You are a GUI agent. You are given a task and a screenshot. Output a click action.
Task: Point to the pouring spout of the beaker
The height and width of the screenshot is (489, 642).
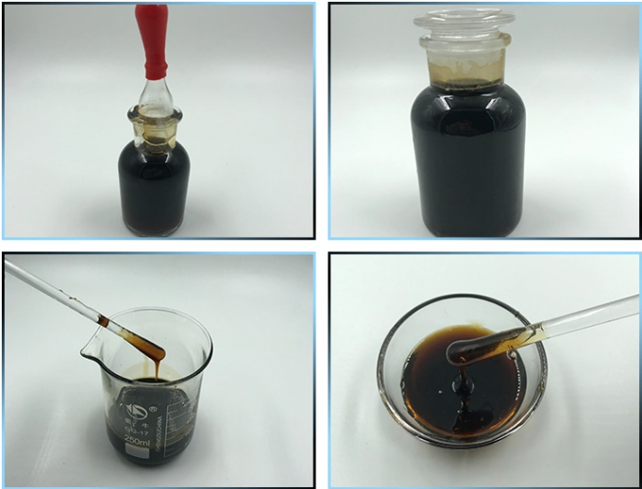coord(100,323)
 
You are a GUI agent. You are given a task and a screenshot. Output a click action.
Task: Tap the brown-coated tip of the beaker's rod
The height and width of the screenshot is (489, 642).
coord(142,341)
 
